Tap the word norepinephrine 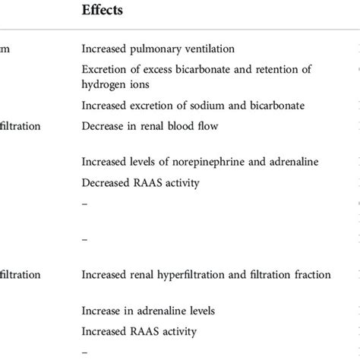pos(207,162)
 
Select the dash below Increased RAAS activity pos(84,352)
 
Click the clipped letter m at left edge pos(5,49)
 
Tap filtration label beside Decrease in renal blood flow pos(19,125)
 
